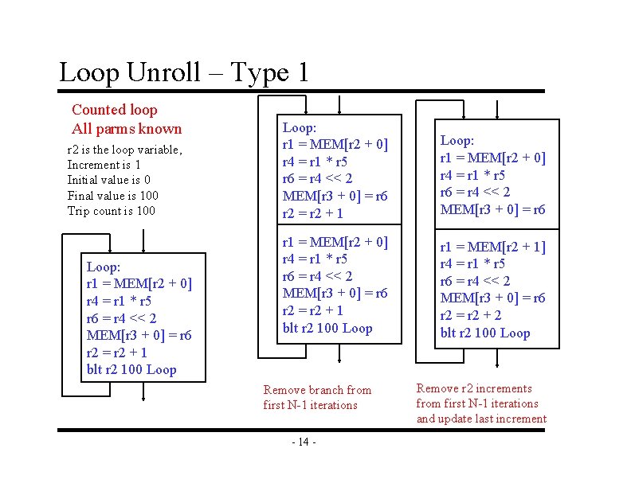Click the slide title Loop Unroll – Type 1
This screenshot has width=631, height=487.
(183, 73)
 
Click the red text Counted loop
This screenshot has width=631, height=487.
(115, 110)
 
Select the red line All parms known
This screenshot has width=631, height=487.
(127, 129)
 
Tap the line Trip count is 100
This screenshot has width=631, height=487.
(112, 211)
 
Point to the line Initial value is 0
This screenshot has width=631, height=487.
(109, 180)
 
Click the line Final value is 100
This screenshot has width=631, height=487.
(113, 196)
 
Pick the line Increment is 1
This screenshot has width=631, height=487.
(104, 165)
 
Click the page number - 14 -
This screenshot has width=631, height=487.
(304, 442)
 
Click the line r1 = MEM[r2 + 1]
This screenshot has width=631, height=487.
(492, 247)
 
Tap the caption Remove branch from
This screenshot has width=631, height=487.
(317, 390)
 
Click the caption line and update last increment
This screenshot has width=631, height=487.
(481, 419)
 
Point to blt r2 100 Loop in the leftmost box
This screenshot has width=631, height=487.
(131, 369)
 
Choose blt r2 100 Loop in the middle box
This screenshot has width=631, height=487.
(327, 328)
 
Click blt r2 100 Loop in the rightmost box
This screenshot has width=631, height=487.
(484, 333)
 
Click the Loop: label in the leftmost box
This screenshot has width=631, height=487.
(103, 267)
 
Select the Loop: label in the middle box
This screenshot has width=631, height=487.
(300, 127)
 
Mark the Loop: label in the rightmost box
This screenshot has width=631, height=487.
(457, 140)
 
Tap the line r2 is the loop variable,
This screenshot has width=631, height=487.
(125, 150)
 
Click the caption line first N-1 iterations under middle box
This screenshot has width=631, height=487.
(310, 405)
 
